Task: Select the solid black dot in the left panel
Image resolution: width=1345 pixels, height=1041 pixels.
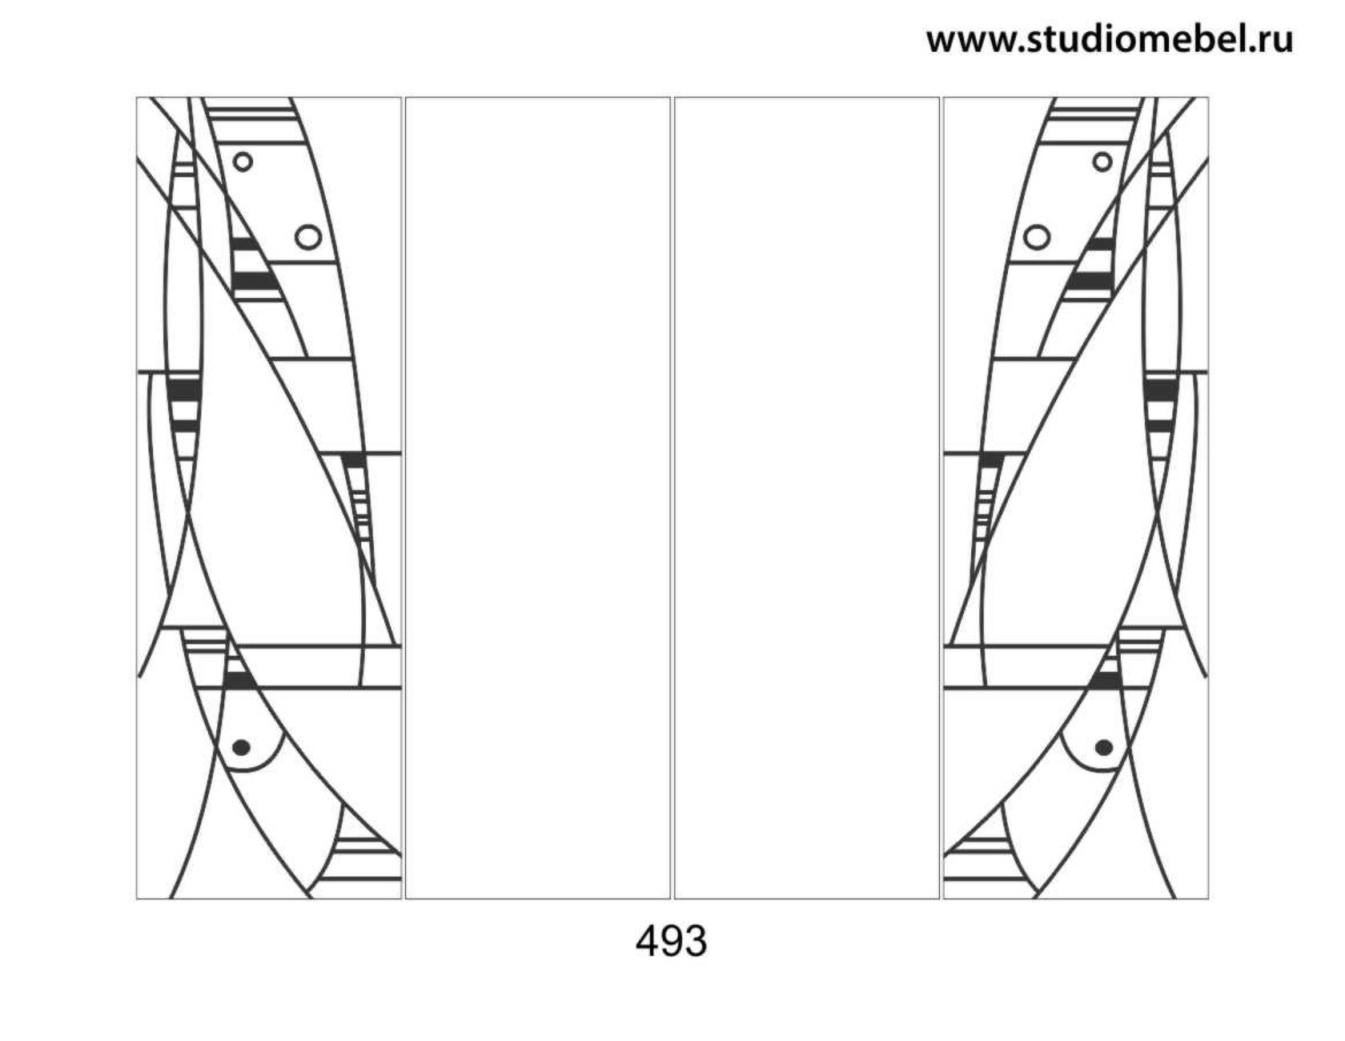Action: [241, 747]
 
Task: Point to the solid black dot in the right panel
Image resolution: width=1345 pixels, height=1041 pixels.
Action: [1104, 747]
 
